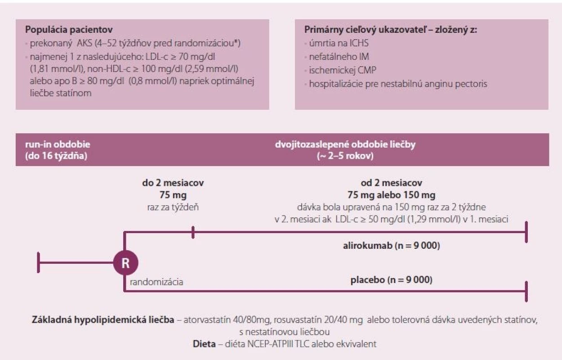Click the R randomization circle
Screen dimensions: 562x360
pyautogui.click(x=125, y=263)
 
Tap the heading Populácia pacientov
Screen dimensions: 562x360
pyautogui.click(x=69, y=30)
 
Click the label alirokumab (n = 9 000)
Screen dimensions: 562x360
pyautogui.click(x=392, y=246)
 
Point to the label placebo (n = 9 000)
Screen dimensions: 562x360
pyautogui.click(x=392, y=279)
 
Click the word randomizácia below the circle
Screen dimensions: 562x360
pyautogui.click(x=156, y=282)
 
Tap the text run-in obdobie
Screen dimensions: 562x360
pyautogui.click(x=58, y=144)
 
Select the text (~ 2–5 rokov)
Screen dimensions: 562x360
pyautogui.click(x=345, y=156)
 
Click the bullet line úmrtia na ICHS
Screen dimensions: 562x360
pyautogui.click(x=339, y=43)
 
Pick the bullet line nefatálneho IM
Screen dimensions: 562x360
pyautogui.click(x=339, y=57)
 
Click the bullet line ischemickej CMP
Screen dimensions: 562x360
pyautogui.click(x=343, y=70)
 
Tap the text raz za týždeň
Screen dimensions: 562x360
pyautogui.click(x=173, y=207)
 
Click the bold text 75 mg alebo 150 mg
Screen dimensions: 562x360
pyautogui.click(x=392, y=195)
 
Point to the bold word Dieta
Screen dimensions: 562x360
pyautogui.click(x=204, y=344)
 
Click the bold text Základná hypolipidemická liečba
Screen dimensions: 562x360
pyautogui.click(x=103, y=320)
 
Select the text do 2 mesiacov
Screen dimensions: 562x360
pyautogui.click(x=173, y=183)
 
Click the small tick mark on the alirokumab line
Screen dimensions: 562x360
pyautogui.click(x=193, y=232)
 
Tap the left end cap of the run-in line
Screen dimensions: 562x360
pyautogui.click(x=38, y=263)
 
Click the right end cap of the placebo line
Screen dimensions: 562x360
pyautogui.click(x=526, y=292)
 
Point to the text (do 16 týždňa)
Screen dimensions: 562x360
pyautogui.click(x=56, y=156)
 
